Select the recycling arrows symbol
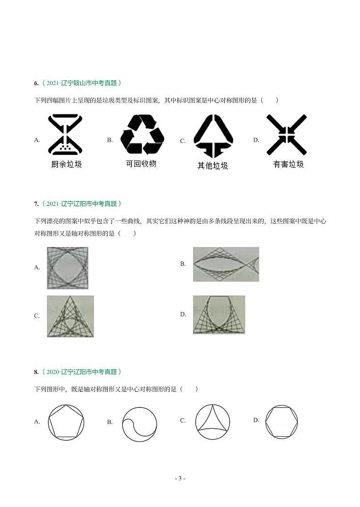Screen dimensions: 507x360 pos(142,135)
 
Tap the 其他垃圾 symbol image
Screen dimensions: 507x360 pos(213,135)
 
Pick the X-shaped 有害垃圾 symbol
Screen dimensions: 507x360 pos(286,135)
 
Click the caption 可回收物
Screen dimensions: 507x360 pos(141,163)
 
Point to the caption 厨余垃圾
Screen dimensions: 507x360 pos(66,164)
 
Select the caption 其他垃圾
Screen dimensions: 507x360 pos(213,166)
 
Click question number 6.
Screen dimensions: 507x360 pos(36,83)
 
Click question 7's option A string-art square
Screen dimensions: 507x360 pos(68,268)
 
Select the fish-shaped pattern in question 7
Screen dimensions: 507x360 pos(226,264)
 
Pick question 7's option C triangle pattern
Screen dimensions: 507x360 pos(70,316)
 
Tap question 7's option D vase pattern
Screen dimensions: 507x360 pos(219,314)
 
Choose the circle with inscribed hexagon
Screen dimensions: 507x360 pos(282,421)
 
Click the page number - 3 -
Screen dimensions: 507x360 pos(180,478)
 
